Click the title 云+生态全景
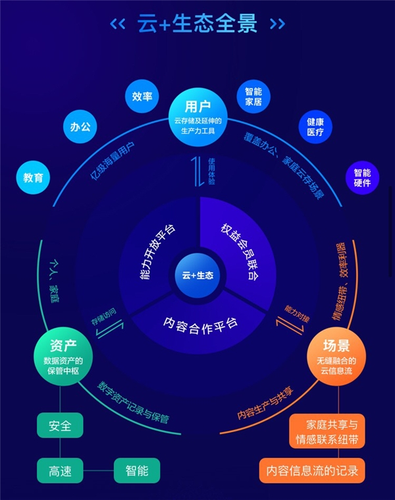click(197, 24)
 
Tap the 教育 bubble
click(33, 179)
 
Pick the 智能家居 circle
click(254, 97)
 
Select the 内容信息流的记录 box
click(312, 470)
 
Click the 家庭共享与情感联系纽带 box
click(327, 432)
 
